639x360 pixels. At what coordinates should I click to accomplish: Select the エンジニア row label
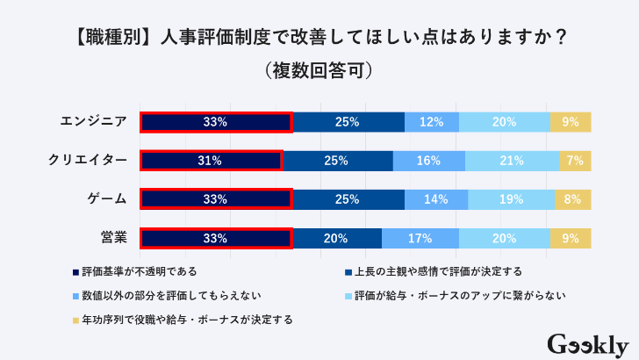[90, 122]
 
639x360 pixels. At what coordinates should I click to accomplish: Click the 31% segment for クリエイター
[211, 161]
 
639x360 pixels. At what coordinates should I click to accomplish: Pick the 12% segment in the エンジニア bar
[431, 122]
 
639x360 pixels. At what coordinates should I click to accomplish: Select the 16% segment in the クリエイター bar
[428, 161]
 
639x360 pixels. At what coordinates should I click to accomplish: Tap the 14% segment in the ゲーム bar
[435, 199]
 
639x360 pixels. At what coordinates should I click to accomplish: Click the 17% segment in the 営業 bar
[420, 238]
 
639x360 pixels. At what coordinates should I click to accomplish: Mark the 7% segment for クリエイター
[575, 161]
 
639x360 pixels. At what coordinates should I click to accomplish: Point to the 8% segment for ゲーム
[572, 199]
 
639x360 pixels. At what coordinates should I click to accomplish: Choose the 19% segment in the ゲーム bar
[511, 199]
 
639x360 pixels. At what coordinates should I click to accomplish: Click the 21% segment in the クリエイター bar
[512, 161]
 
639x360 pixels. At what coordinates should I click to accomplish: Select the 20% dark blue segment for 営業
[336, 238]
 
